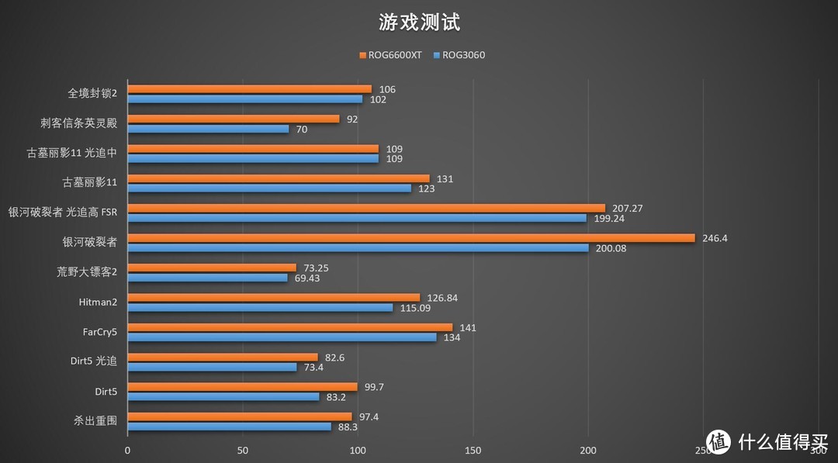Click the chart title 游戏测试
(x=419, y=22)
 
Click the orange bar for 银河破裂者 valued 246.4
(x=410, y=238)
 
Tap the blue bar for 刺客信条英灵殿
(x=208, y=129)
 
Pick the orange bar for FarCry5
(x=289, y=327)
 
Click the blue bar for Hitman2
(x=260, y=308)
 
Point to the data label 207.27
(x=628, y=209)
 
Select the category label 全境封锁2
(x=92, y=94)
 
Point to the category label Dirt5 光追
(x=93, y=361)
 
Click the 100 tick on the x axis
(x=358, y=450)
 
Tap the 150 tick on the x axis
(x=473, y=450)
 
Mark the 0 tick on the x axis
(x=127, y=450)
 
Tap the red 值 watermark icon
(x=719, y=441)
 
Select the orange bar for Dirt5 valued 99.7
(x=242, y=386)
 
